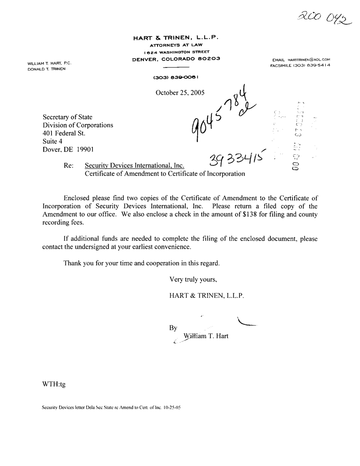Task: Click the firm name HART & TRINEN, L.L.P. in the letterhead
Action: tap(176, 38)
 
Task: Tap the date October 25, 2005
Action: tap(180, 93)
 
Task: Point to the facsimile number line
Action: tap(300, 65)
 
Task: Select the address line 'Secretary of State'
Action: tap(67, 117)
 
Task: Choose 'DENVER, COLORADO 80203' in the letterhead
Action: tap(176, 59)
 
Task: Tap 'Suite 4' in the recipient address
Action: tap(52, 142)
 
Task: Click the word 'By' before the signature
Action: tap(173, 328)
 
